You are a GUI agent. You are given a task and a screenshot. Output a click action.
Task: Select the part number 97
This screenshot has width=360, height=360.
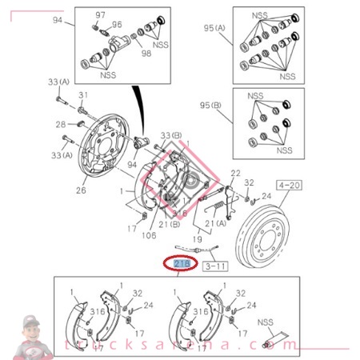point(100,15)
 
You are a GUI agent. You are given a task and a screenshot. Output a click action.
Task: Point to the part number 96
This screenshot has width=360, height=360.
point(117,24)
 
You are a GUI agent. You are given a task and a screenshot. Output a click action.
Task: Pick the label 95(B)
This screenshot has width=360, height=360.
point(214,105)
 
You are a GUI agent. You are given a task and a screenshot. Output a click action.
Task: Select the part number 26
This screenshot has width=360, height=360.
point(80,190)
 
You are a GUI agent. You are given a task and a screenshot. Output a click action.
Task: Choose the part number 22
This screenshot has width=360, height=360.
point(235,174)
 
